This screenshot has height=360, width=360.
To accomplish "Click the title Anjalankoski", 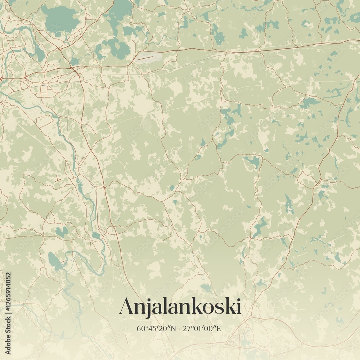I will [x=180, y=306].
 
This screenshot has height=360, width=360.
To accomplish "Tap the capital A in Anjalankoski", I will [x=127, y=306].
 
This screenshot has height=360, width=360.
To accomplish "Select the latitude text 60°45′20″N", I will [x=157, y=328].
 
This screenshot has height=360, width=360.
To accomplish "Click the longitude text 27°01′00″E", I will [x=203, y=328].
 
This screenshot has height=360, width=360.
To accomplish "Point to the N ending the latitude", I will [x=174, y=328].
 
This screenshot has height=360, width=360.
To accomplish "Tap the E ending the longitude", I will [x=221, y=328].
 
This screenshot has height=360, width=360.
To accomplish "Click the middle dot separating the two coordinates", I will [x=180, y=328].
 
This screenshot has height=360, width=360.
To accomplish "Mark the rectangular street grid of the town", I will [x=49, y=90].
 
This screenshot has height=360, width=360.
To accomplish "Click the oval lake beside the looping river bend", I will [x=54, y=259].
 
